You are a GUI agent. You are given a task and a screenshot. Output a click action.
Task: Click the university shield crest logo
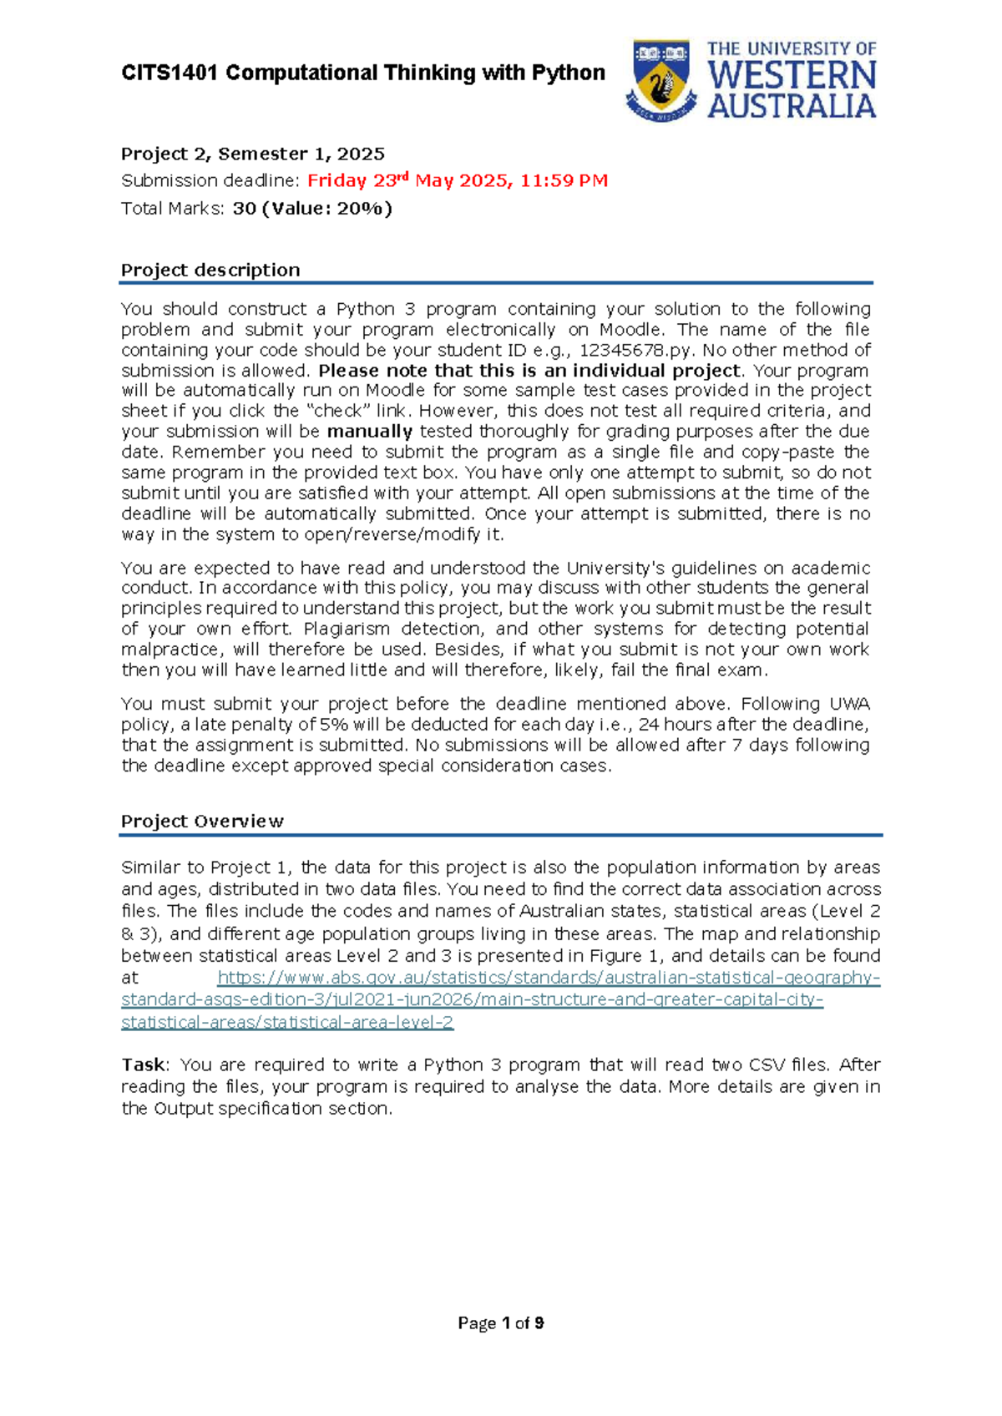point(661,79)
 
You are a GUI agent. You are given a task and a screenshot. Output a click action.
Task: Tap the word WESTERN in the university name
point(792,76)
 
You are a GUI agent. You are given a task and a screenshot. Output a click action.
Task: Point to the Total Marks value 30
point(244,208)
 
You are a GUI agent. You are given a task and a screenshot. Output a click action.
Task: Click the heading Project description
point(210,270)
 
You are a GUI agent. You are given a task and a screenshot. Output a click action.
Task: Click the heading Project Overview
point(202,821)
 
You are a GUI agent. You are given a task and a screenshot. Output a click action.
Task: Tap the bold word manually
point(369,432)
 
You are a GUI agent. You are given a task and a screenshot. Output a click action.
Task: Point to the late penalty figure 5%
point(333,725)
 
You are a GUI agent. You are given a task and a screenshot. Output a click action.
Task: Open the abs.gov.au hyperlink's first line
point(548,978)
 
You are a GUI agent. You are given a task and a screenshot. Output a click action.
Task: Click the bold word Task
point(143,1065)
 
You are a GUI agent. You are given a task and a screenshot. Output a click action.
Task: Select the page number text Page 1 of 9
point(501,1322)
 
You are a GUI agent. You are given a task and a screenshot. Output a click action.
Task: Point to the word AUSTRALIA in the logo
point(792,107)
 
